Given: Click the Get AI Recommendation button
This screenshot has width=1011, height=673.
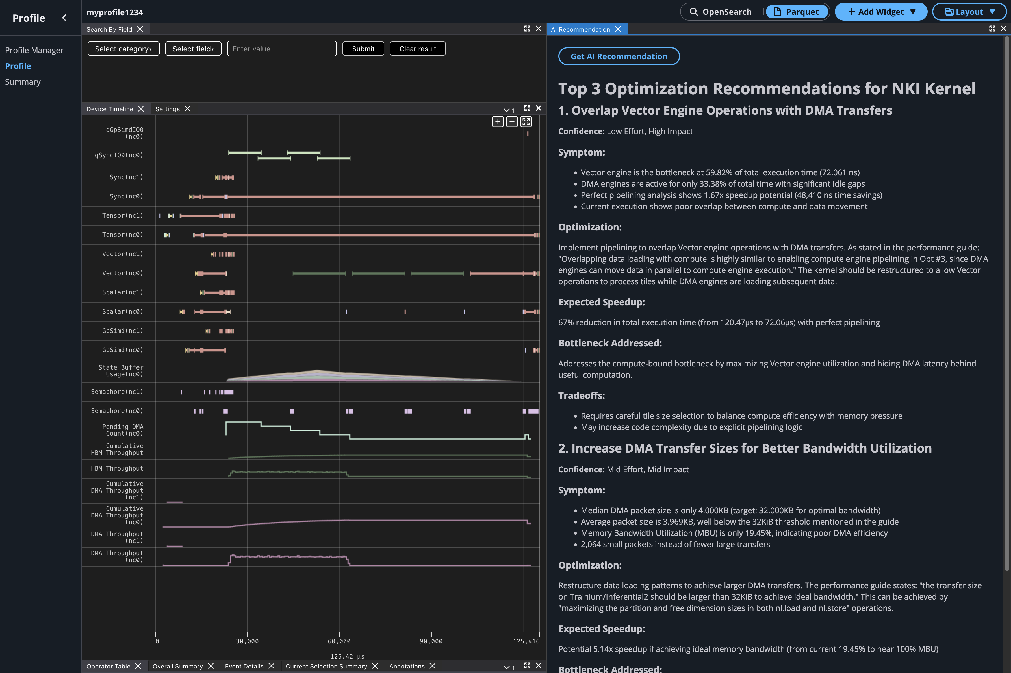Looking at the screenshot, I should click(619, 56).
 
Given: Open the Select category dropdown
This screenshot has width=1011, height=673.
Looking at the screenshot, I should click(123, 49).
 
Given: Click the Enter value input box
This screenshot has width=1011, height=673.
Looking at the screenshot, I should click(281, 49).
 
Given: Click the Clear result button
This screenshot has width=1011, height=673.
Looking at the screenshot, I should click(417, 49).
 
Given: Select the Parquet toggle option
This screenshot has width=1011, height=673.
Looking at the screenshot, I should click(797, 12).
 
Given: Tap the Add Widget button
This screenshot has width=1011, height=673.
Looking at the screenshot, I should click(881, 12).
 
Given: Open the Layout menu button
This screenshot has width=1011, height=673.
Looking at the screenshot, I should click(969, 12).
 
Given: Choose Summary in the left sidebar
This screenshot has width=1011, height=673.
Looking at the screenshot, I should click(23, 82).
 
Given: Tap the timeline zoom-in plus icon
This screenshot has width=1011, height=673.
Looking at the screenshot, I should click(497, 122).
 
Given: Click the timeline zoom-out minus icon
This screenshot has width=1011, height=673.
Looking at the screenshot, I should click(511, 122).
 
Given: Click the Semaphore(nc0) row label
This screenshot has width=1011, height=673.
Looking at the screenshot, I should click(117, 411).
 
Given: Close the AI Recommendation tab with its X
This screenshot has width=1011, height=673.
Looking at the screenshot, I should click(618, 29).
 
